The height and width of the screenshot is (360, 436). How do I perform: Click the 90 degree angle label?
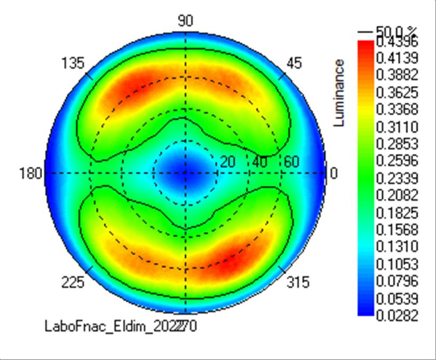(x=185, y=21)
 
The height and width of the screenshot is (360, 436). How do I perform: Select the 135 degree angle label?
(x=73, y=64)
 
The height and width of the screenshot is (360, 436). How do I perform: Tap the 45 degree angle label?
(x=294, y=64)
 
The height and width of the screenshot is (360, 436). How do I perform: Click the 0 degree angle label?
(x=334, y=174)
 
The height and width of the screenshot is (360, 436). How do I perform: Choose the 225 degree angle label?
(x=73, y=283)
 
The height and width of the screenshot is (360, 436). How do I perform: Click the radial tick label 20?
(x=228, y=162)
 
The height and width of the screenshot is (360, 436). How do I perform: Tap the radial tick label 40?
(x=260, y=162)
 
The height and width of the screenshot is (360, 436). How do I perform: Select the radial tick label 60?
(x=291, y=162)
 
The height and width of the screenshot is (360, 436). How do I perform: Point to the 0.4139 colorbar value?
(x=397, y=57)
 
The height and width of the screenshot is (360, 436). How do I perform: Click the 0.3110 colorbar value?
(x=397, y=127)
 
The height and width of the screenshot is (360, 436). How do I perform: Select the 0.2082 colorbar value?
(x=397, y=195)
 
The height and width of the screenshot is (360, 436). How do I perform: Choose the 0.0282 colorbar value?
(x=397, y=315)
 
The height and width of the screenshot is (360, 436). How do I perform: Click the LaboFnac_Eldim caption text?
(x=120, y=326)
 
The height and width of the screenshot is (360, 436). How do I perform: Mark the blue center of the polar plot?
(x=185, y=173)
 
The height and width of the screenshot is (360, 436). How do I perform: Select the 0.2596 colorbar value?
(x=397, y=161)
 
